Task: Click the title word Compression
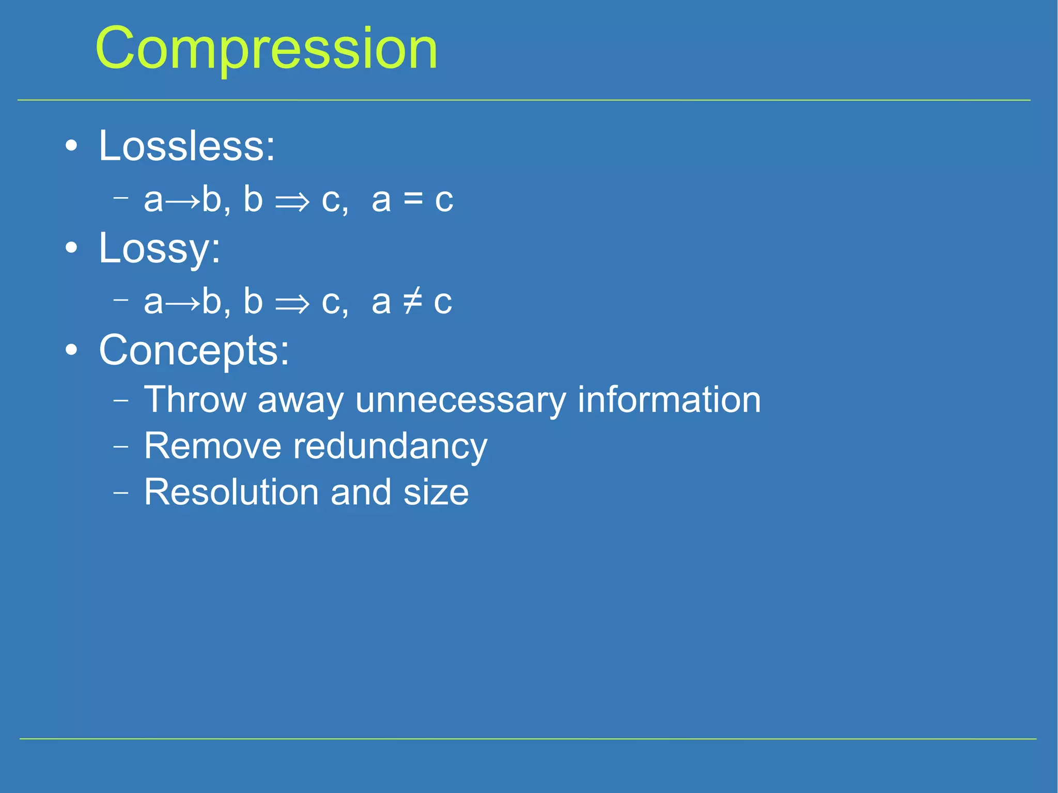point(266,49)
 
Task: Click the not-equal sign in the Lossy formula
point(412,301)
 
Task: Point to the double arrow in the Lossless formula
point(292,201)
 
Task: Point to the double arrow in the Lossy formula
point(292,303)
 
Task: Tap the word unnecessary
point(461,400)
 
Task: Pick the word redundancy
point(390,447)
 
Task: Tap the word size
point(436,492)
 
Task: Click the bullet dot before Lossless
point(72,146)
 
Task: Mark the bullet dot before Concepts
point(72,350)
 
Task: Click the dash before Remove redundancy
point(120,446)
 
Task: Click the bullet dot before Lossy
point(72,248)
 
